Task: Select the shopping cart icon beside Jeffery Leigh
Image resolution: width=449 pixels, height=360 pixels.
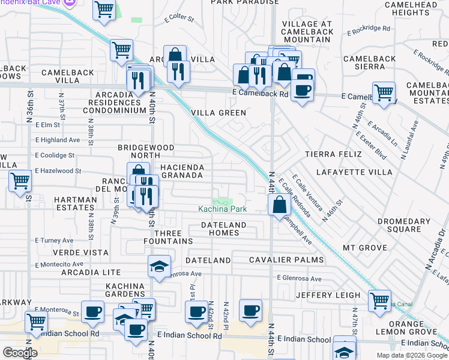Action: coord(379,301)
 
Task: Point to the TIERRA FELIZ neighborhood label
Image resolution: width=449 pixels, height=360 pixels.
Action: coord(333,154)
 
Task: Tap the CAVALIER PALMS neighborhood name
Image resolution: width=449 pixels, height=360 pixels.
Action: coord(286,260)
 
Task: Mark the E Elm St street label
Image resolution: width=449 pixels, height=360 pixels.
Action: coord(48,125)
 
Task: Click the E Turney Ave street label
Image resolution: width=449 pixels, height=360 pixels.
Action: coord(55,240)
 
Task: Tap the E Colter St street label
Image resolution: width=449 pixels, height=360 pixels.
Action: coord(180,19)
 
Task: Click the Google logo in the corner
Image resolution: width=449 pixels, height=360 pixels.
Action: coord(20,353)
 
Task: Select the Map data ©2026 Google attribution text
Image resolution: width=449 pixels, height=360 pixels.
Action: coord(412,355)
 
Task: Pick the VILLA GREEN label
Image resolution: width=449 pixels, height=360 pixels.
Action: coord(218,113)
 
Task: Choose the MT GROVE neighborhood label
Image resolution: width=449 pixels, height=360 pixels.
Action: coord(365,247)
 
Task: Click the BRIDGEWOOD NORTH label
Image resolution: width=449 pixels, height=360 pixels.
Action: coord(146,152)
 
